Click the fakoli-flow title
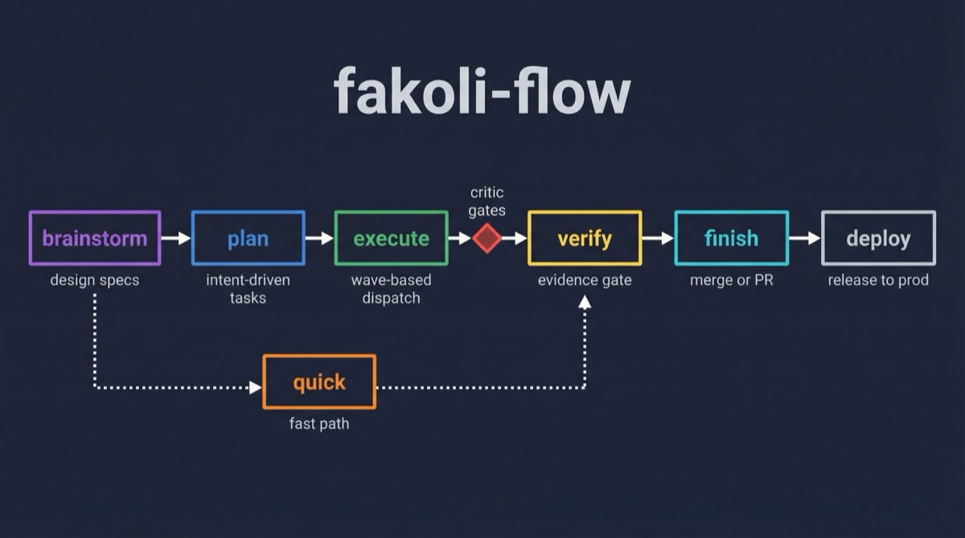pyautogui.click(x=482, y=90)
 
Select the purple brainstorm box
pyautogui.click(x=95, y=238)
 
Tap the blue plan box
pyautogui.click(x=248, y=238)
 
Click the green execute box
pyautogui.click(x=391, y=238)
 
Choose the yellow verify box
pyautogui.click(x=585, y=238)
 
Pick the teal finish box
pyautogui.click(x=731, y=238)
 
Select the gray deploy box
pyautogui.click(x=878, y=238)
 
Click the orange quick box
pyautogui.click(x=319, y=382)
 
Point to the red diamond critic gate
pyautogui.click(x=487, y=238)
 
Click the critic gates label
pyautogui.click(x=487, y=201)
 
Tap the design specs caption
pyautogui.click(x=94, y=281)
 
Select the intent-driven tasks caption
pyautogui.click(x=248, y=289)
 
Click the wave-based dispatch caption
pyautogui.click(x=391, y=289)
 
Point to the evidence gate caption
pyautogui.click(x=585, y=281)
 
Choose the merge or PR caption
pyautogui.click(x=731, y=281)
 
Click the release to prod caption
pyautogui.click(x=878, y=281)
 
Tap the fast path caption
pyautogui.click(x=319, y=424)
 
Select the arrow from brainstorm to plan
pyautogui.click(x=176, y=238)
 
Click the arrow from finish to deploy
pyautogui.click(x=804, y=238)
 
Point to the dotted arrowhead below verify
pyautogui.click(x=585, y=302)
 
